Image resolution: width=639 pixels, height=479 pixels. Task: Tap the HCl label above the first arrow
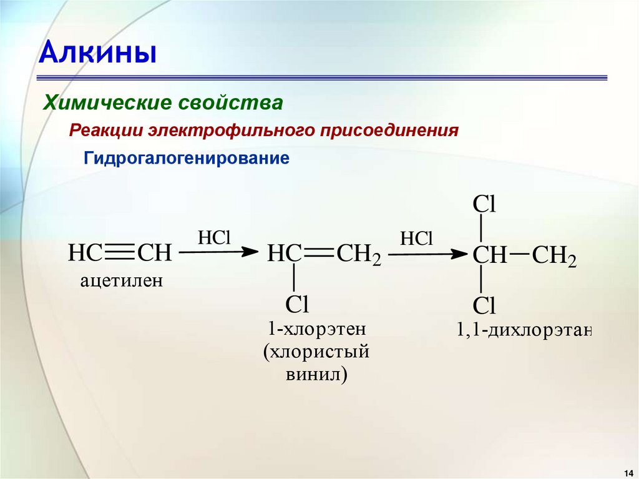[x=214, y=237]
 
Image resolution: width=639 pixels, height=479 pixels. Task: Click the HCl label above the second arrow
[x=416, y=238]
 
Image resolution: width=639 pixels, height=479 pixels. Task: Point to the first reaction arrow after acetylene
[x=218, y=252]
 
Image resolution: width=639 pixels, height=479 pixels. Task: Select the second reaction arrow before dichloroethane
[x=427, y=254]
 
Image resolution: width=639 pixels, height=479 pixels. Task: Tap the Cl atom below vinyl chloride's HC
[x=297, y=304]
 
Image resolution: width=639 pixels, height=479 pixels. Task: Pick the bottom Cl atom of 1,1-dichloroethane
[x=484, y=305]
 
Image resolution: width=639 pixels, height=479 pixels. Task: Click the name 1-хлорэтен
[x=316, y=329]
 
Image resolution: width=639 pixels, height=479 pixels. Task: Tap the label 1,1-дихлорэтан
[x=523, y=330]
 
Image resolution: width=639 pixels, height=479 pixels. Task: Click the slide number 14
[x=627, y=470]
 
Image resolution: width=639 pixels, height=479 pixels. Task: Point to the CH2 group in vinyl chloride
[x=358, y=254]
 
